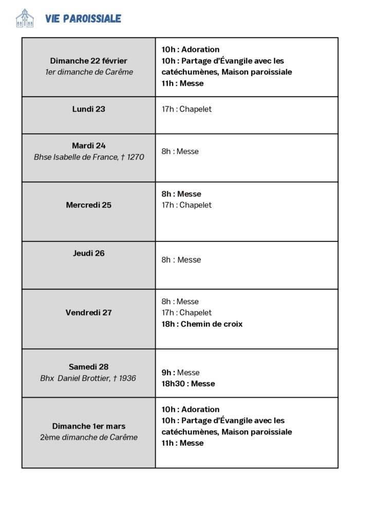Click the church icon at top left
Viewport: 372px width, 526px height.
click(25, 18)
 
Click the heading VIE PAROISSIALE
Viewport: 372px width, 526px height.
click(83, 19)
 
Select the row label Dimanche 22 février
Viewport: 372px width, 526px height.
click(88, 61)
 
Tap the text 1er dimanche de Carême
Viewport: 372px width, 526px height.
click(88, 72)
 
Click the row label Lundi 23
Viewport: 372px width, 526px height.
click(88, 109)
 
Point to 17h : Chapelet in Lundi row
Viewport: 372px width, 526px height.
click(187, 109)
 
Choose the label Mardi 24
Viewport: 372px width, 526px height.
click(88, 145)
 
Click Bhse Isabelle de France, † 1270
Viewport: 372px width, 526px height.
click(88, 157)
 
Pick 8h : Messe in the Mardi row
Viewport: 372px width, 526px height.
click(180, 152)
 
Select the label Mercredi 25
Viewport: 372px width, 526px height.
click(88, 205)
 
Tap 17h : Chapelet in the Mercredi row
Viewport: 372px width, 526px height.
click(187, 205)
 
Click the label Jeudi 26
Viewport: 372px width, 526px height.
click(88, 253)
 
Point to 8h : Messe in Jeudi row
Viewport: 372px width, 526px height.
click(181, 260)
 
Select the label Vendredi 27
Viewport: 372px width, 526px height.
click(88, 312)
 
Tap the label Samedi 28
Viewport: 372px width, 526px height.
click(88, 367)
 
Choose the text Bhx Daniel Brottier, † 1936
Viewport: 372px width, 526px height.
click(88, 378)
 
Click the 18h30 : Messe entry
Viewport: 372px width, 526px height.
click(188, 384)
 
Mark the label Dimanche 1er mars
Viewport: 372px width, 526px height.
click(88, 426)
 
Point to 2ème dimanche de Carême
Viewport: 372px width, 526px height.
click(88, 438)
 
